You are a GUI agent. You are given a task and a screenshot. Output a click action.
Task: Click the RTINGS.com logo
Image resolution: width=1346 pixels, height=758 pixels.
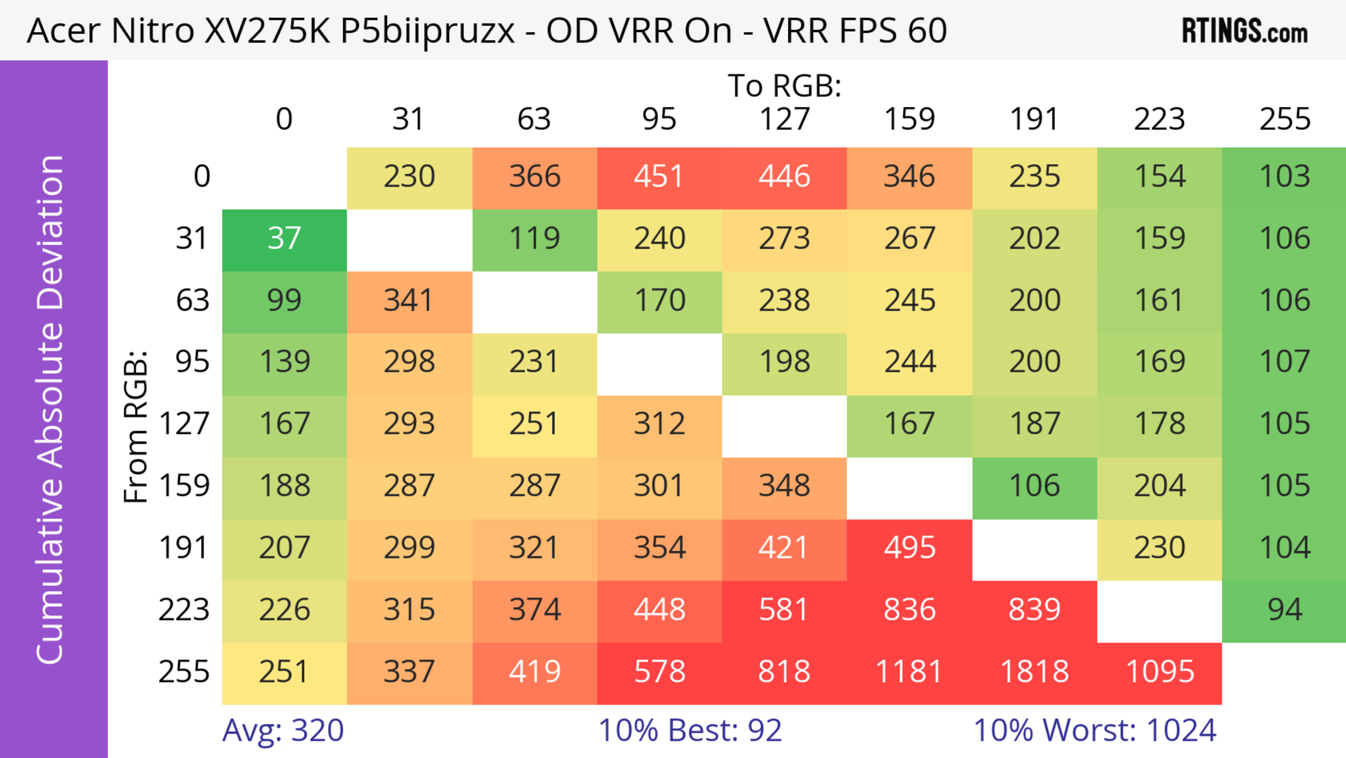click(1245, 31)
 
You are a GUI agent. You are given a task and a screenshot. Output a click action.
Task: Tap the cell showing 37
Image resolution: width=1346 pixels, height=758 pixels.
click(284, 239)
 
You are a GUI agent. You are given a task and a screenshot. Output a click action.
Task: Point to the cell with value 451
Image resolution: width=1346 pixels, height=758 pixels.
click(659, 177)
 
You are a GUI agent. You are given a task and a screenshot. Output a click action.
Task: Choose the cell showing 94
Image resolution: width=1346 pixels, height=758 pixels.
click(1284, 610)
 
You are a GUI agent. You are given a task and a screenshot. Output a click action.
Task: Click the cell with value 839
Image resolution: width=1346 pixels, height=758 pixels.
click(1035, 610)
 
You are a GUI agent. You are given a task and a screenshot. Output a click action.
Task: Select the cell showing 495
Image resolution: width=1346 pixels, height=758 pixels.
click(909, 548)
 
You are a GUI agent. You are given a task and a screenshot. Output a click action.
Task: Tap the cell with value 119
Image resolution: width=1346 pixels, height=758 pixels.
click(535, 239)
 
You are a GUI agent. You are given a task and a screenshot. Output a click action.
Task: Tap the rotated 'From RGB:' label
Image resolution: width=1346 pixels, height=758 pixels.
click(135, 427)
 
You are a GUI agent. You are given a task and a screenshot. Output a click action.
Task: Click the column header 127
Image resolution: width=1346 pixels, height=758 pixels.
click(784, 119)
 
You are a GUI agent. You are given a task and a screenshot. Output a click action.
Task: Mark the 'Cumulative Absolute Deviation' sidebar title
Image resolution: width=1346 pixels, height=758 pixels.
click(51, 409)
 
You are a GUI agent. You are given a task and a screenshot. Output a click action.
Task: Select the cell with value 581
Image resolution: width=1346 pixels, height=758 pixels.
click(784, 610)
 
